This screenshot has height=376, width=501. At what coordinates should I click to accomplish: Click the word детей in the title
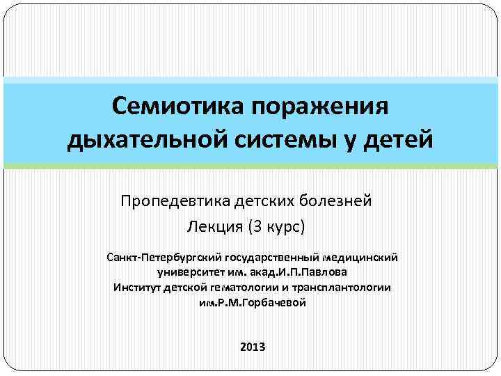pos(404,139)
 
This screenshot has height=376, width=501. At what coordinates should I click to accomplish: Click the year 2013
pos(252,346)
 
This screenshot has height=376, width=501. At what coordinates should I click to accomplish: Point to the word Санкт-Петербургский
pos(159,258)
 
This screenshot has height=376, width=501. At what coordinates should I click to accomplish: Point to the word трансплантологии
pos(342,287)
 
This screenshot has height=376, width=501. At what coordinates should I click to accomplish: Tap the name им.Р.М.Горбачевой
pos(252,302)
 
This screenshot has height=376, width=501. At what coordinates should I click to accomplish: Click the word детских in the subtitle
pos(267,202)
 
